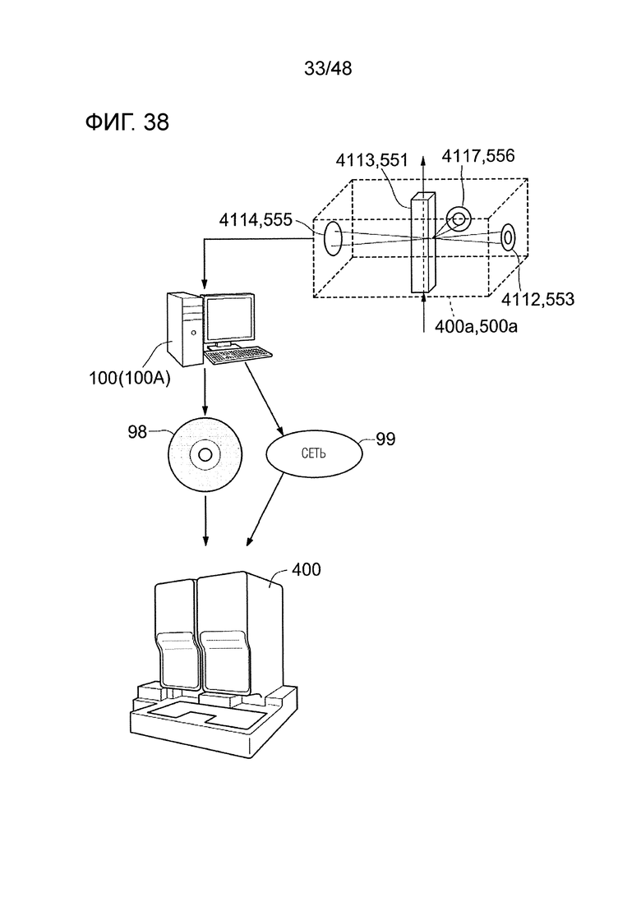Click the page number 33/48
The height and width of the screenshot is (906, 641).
coord(328,69)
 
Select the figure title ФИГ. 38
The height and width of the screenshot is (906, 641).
coord(127,122)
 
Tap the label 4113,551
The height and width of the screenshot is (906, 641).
coord(372,160)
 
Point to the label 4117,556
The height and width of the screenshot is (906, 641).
coord(478,155)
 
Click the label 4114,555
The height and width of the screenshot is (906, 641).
coord(256,219)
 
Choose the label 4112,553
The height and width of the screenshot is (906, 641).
coord(537,299)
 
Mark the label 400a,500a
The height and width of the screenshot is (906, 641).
coord(476,326)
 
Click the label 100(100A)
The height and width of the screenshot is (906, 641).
coord(130,379)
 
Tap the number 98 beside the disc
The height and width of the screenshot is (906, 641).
coord(137,431)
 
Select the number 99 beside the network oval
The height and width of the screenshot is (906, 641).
coord(385,439)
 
